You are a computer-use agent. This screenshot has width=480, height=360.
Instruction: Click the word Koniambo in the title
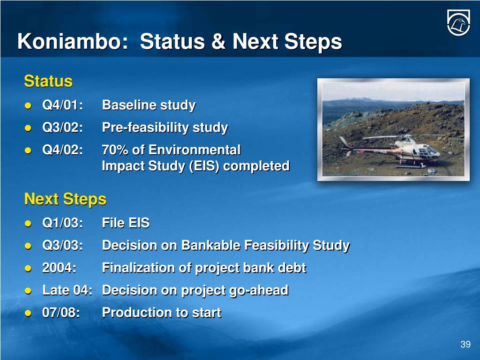click(x=73, y=41)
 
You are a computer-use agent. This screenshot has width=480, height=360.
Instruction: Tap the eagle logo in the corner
click(x=458, y=22)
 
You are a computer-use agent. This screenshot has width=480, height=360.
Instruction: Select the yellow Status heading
click(x=48, y=81)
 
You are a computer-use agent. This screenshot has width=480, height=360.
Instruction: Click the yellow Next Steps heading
click(x=65, y=199)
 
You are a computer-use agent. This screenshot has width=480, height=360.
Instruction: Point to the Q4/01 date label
click(x=62, y=105)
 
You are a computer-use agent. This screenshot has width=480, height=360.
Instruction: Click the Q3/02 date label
click(x=62, y=127)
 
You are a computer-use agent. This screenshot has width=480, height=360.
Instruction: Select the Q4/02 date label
click(x=62, y=150)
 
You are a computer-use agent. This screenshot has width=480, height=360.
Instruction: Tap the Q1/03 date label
click(x=62, y=223)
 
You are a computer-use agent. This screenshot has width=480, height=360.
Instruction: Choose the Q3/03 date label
click(x=62, y=245)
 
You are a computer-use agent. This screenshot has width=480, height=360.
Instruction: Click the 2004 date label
click(x=59, y=268)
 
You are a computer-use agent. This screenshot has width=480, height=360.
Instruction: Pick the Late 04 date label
click(x=67, y=290)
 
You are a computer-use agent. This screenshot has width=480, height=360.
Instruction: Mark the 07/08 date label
click(x=61, y=313)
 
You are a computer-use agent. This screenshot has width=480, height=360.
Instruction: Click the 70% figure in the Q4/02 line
click(x=115, y=150)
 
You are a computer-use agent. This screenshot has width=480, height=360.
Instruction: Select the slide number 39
click(x=465, y=345)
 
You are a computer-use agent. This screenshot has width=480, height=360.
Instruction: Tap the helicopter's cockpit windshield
click(x=430, y=150)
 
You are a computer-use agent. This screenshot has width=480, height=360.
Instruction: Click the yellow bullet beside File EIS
click(x=28, y=224)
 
